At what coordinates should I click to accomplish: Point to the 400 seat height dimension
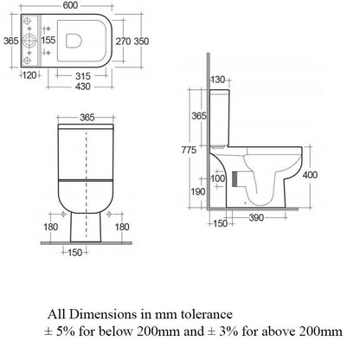pyautogui.click(x=334, y=175)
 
